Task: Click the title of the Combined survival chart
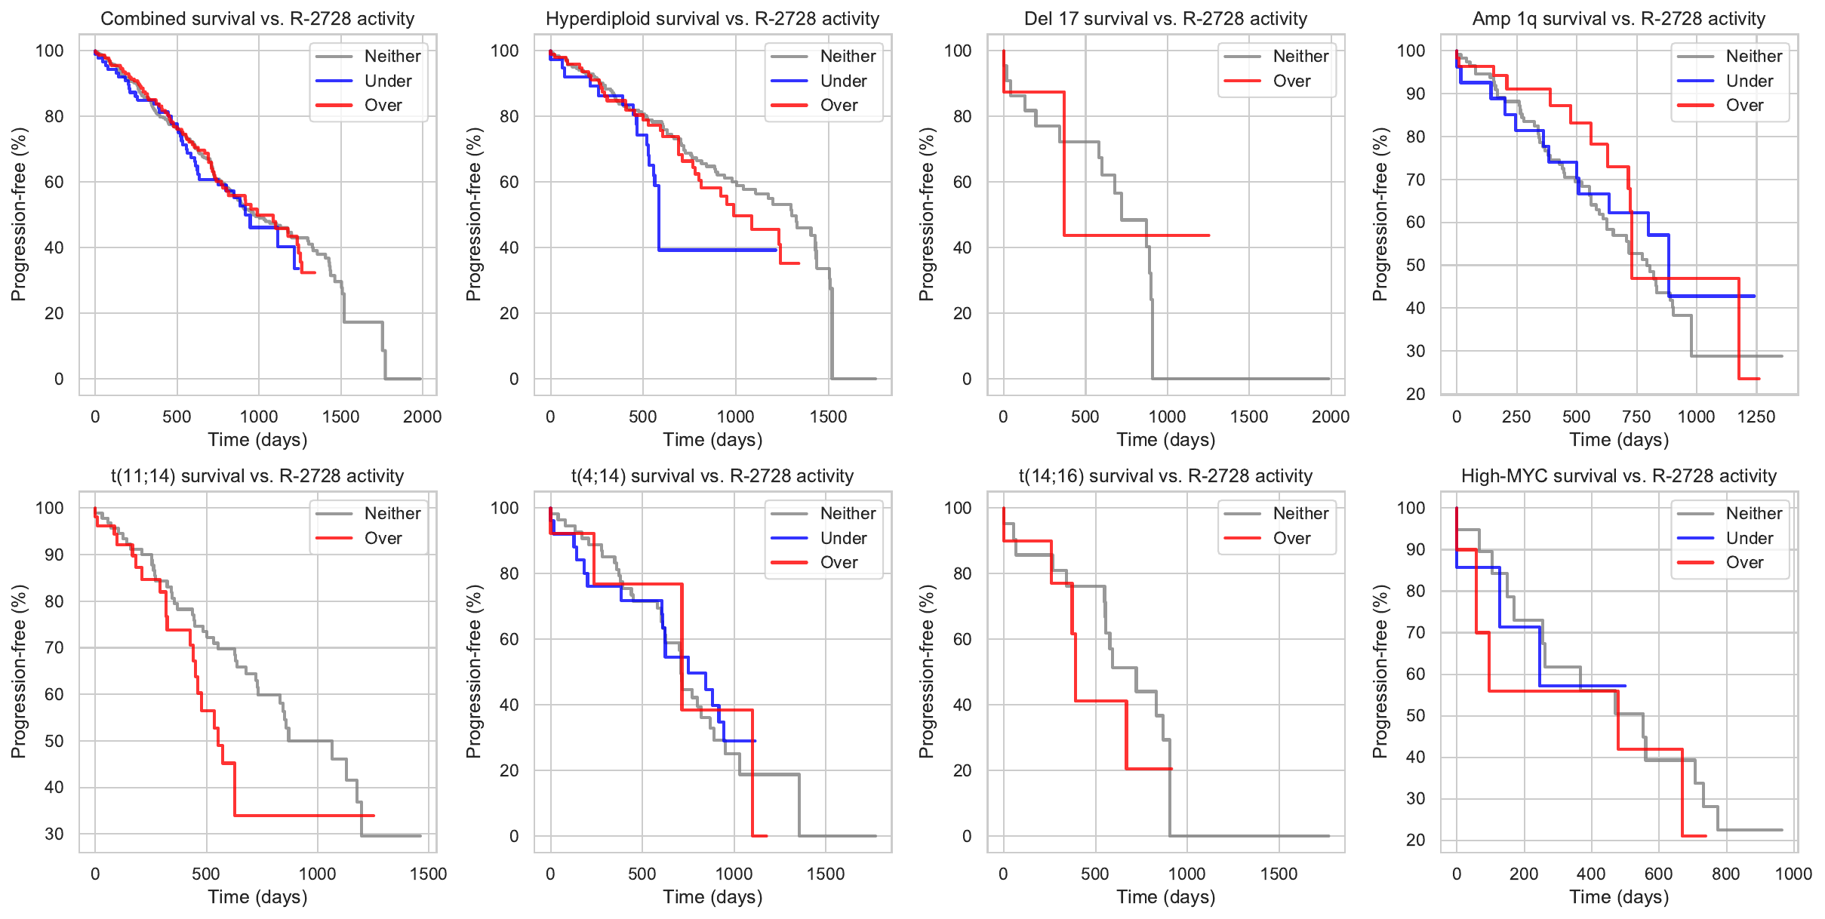pyautogui.click(x=257, y=19)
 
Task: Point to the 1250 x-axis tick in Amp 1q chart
pyautogui.click(x=1756, y=416)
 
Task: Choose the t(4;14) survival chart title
pyautogui.click(x=712, y=476)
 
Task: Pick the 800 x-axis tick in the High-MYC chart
pyautogui.click(x=1726, y=874)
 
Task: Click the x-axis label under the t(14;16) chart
pyautogui.click(x=1165, y=897)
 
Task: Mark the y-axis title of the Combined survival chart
pyautogui.click(x=19, y=214)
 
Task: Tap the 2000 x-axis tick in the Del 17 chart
pyautogui.click(x=1330, y=416)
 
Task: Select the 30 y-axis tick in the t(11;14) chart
pyautogui.click(x=54, y=834)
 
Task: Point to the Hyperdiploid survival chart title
pyautogui.click(x=712, y=19)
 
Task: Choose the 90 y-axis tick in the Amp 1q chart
pyautogui.click(x=1411, y=94)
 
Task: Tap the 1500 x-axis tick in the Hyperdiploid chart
pyautogui.click(x=828, y=416)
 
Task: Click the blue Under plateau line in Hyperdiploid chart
pyautogui.click(x=717, y=250)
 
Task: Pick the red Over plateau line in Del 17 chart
pyautogui.click(x=1132, y=235)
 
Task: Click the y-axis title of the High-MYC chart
pyautogui.click(x=1380, y=672)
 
